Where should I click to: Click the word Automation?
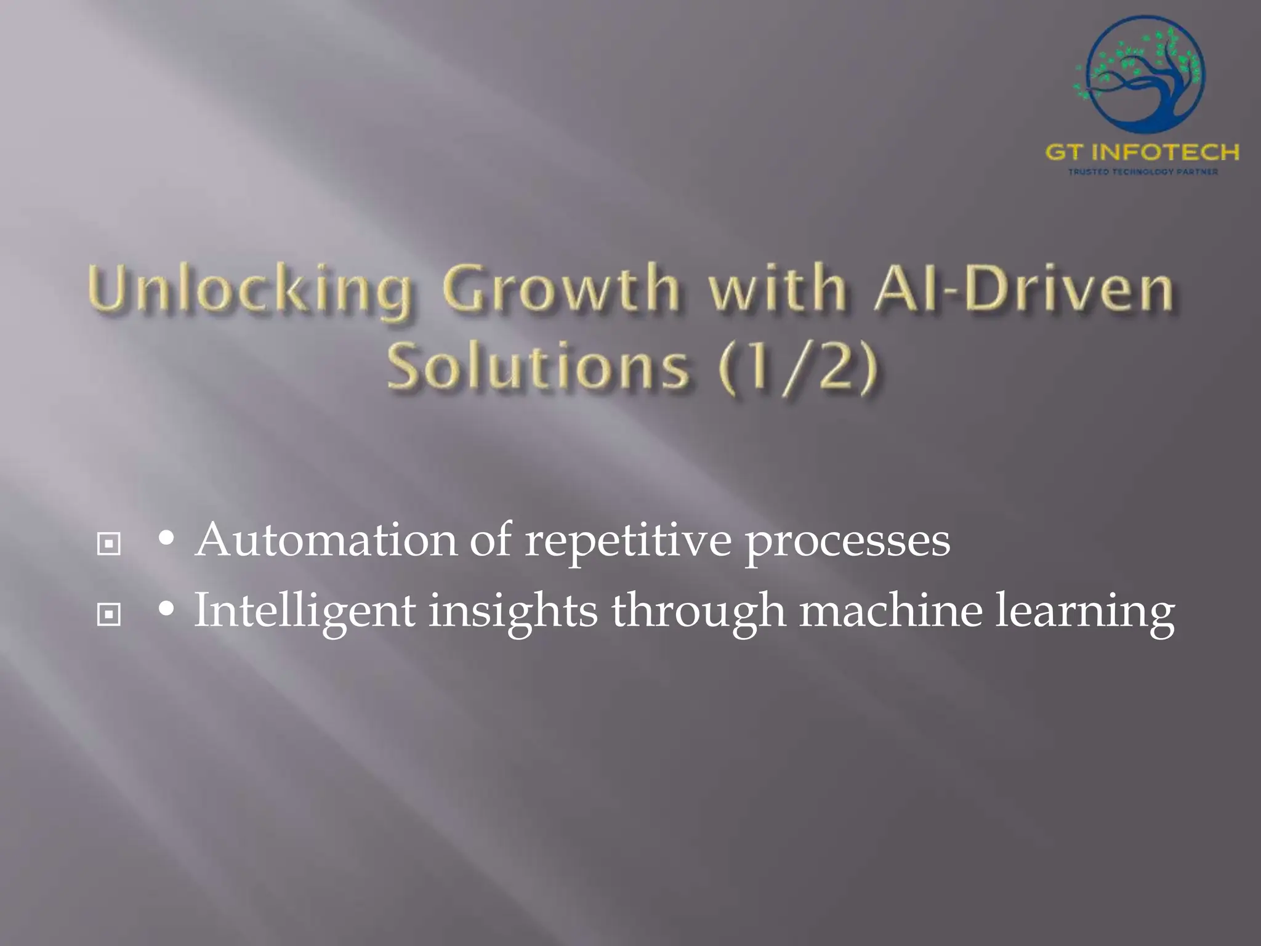tap(326, 540)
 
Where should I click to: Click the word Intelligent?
tap(305, 612)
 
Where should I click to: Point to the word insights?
tap(513, 612)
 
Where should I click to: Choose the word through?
tap(698, 612)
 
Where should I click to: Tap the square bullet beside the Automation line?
tap(109, 544)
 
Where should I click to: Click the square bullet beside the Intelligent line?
tap(109, 614)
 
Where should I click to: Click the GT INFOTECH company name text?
tap(1142, 152)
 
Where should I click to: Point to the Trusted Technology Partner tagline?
tap(1142, 172)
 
